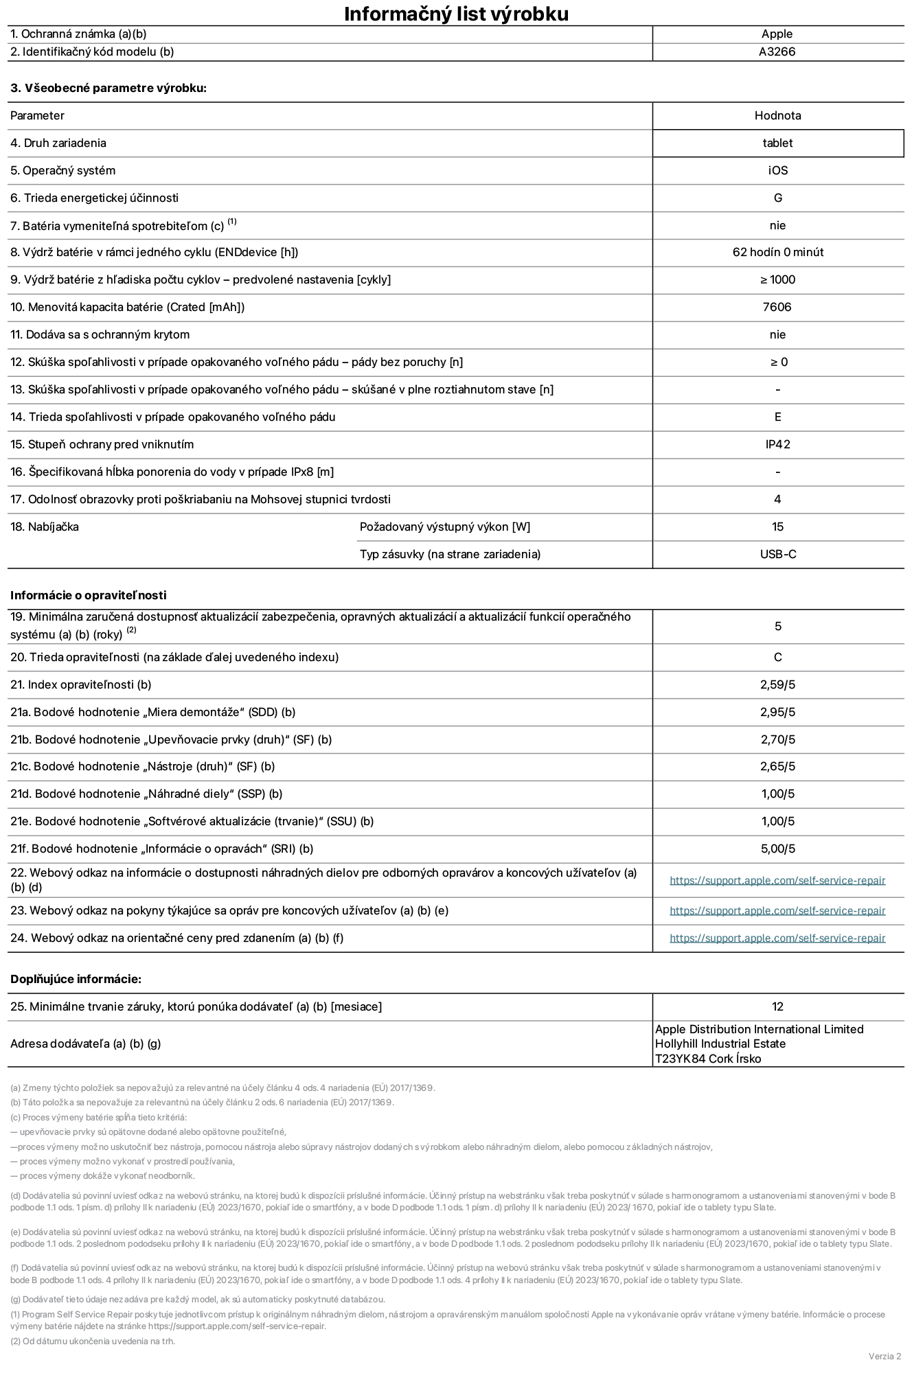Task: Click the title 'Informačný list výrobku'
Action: coord(456,14)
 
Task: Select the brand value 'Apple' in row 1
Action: coord(777,34)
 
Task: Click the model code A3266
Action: coord(777,51)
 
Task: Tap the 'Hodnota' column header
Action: coord(777,115)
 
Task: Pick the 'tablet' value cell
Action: coord(777,143)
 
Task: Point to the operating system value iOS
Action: coord(777,170)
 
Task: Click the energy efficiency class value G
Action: coord(777,198)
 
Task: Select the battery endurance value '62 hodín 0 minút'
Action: coord(777,252)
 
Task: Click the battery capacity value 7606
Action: coord(777,307)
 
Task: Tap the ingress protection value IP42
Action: coord(777,444)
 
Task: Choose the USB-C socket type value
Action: coord(777,554)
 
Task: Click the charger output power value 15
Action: coord(777,527)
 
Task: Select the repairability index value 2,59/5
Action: coord(777,684)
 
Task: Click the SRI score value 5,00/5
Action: coord(777,849)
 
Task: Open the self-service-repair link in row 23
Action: coord(777,910)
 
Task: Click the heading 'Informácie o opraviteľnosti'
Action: coord(89,595)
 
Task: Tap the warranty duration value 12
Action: coord(777,1006)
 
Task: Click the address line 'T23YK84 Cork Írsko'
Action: coord(708,1059)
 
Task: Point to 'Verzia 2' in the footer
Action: coord(885,1356)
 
